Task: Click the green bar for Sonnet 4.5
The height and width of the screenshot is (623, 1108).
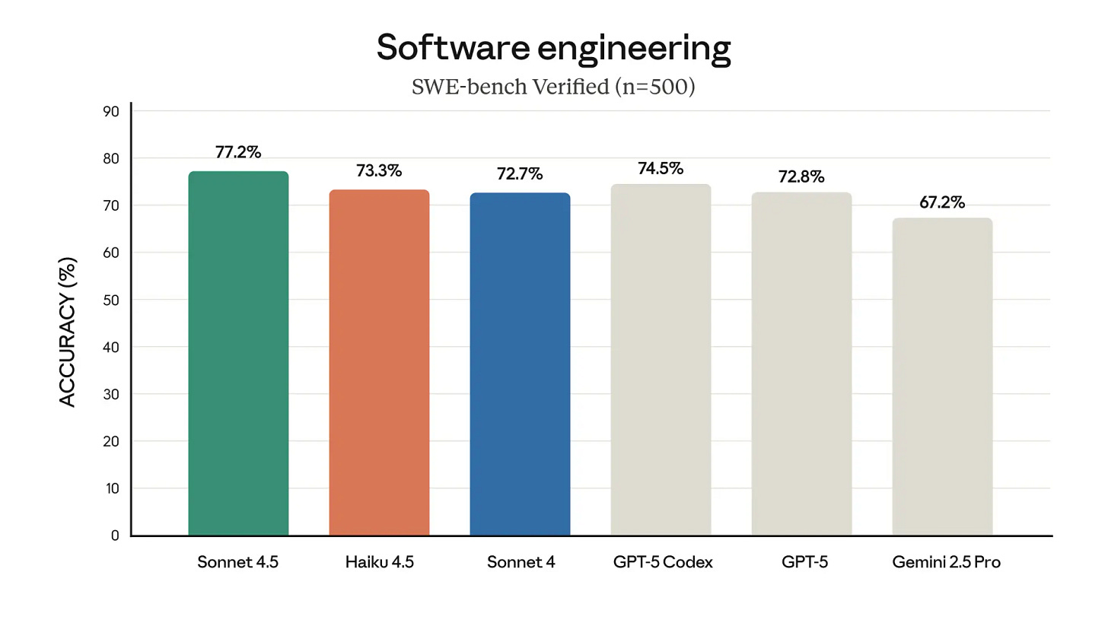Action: pos(238,354)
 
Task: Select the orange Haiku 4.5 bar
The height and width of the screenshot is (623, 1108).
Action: pos(379,363)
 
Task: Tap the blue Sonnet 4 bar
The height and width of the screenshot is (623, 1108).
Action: pos(520,364)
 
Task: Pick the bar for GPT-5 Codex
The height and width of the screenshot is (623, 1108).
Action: pos(661,360)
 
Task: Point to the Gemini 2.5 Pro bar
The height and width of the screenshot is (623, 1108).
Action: pos(942,377)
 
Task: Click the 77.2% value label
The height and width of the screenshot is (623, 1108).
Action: pos(238,152)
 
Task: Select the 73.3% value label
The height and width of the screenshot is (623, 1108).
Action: pos(379,170)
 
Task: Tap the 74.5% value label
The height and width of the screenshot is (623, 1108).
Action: pos(661,168)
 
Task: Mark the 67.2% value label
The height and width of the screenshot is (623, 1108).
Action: pos(942,202)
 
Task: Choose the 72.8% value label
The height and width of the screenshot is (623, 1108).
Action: pos(801,176)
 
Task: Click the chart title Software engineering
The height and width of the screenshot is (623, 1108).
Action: pos(553,48)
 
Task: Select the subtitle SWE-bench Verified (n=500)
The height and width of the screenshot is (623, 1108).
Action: pos(553,87)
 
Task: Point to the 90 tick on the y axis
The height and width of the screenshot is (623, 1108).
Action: pos(111,111)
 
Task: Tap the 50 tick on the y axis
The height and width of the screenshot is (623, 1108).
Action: pos(111,300)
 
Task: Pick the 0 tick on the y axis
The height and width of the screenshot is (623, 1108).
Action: pos(115,536)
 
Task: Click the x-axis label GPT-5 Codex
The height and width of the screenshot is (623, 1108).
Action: pos(662,563)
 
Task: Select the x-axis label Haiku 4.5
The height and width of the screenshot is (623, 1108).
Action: pos(379,563)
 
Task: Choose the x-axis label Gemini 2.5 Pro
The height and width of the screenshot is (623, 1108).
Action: pos(946,563)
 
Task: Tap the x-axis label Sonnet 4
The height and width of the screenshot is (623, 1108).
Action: pos(521,563)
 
